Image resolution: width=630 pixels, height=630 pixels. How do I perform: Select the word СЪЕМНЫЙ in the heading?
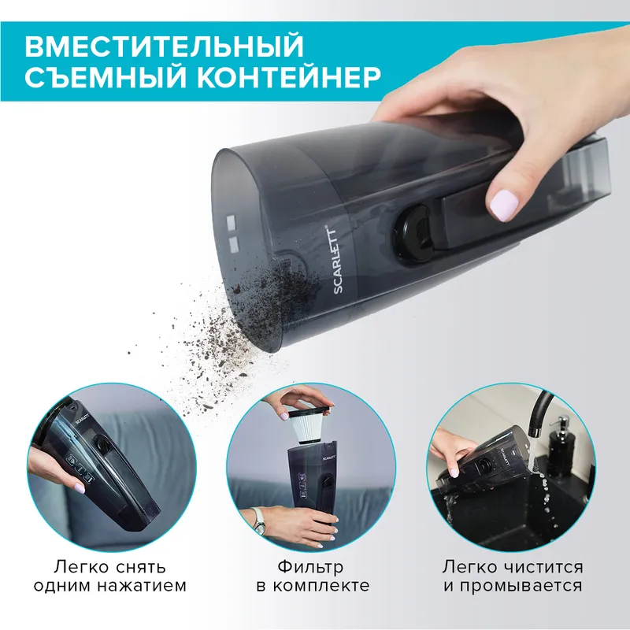tap(99, 80)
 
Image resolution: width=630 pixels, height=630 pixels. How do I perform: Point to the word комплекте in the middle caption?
tap(322, 587)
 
